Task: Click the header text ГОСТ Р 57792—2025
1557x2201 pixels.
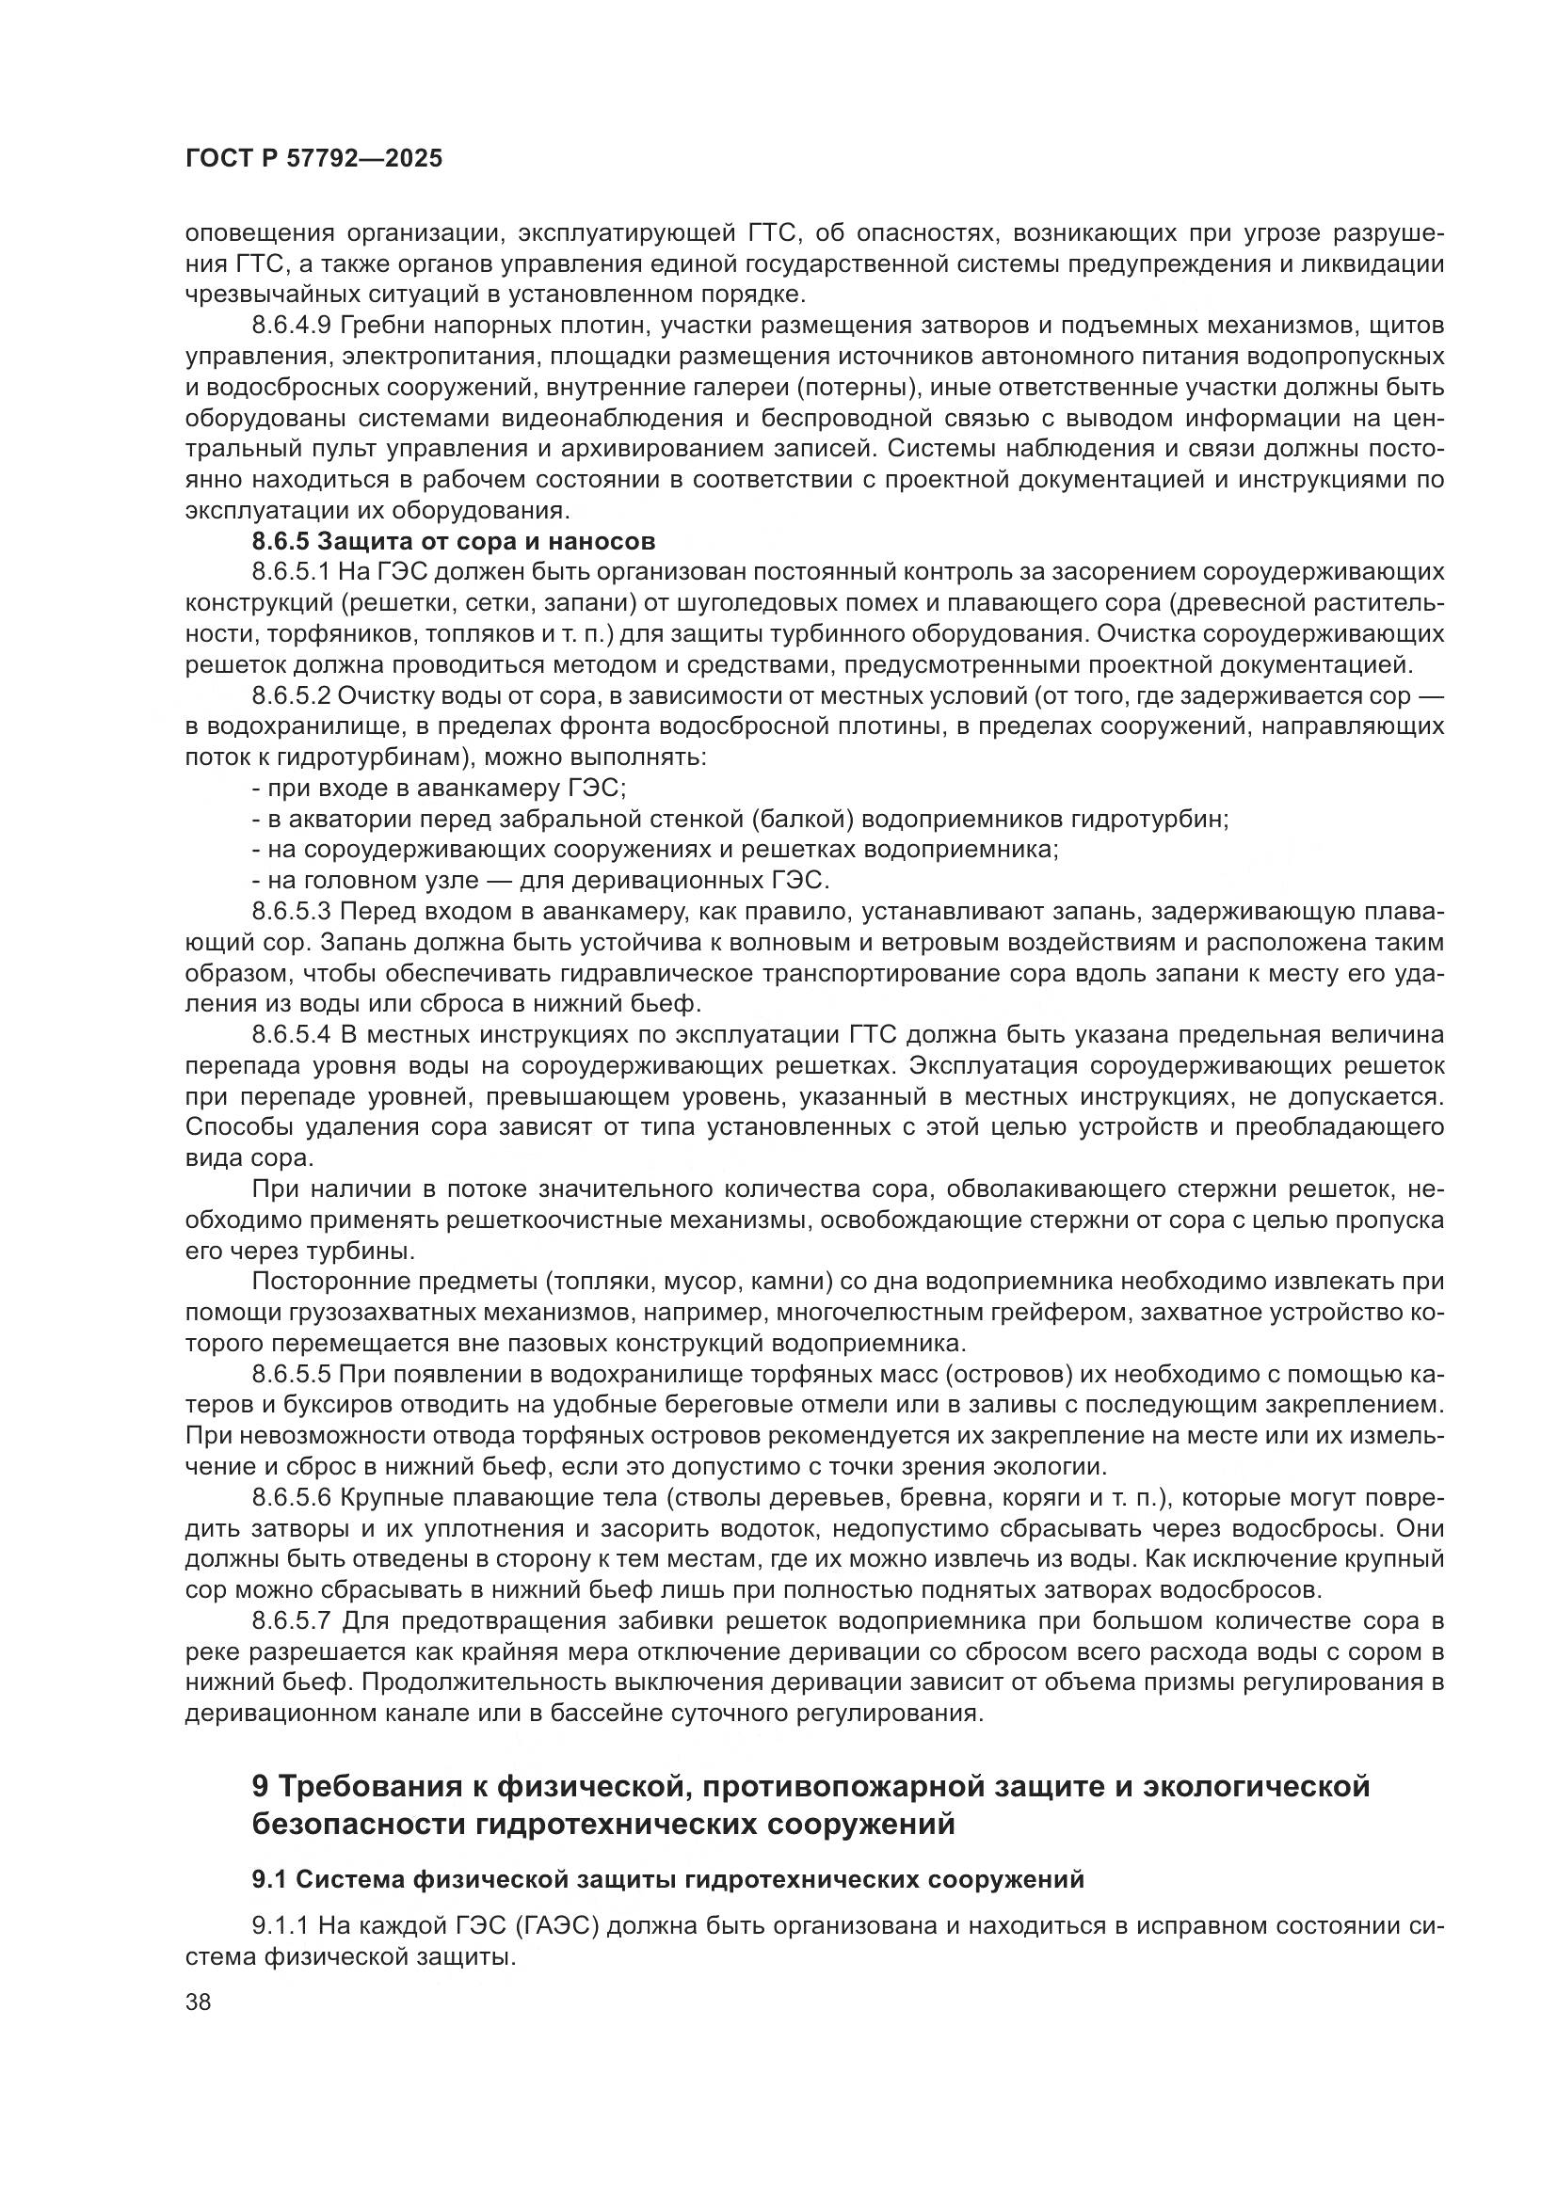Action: coord(313,159)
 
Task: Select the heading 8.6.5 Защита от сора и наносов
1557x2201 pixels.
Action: coord(454,542)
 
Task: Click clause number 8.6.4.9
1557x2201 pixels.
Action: coord(292,326)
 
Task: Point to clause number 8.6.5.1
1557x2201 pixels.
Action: coord(292,572)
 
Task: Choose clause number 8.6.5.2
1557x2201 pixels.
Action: coord(292,696)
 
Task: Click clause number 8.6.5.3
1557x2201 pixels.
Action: coord(292,912)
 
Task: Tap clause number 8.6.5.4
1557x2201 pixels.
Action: coord(292,1035)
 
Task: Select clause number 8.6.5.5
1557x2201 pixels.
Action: coord(292,1375)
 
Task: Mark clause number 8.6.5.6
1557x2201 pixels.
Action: coord(292,1498)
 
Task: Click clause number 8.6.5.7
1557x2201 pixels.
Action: coord(292,1622)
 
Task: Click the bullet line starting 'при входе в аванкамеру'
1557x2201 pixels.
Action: coord(439,789)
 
